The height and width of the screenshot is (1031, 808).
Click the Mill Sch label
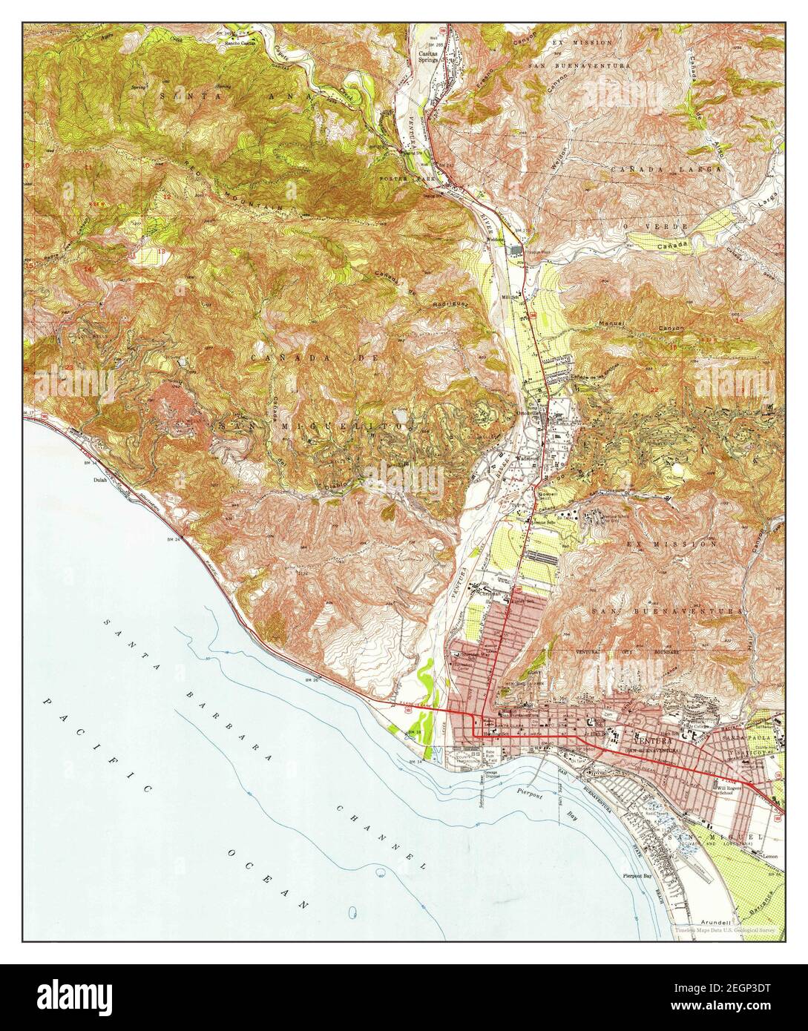pos(528,293)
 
